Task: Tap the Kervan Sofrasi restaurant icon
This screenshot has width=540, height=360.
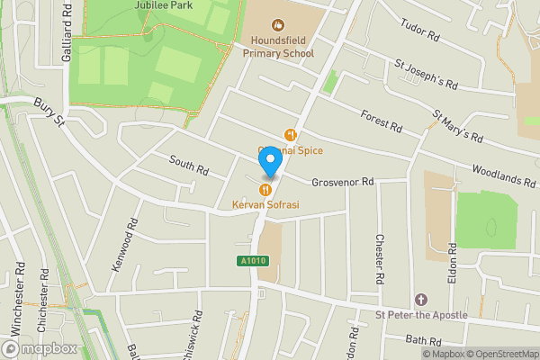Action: [265, 190]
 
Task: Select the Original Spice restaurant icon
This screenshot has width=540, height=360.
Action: [290, 135]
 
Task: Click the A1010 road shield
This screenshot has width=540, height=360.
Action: [253, 261]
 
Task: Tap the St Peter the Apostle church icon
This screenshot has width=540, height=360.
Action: [419, 299]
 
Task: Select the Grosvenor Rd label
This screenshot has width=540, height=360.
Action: [342, 183]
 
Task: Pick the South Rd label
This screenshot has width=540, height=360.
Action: [188, 165]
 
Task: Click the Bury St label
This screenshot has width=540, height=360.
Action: [49, 112]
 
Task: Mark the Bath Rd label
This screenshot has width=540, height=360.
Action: [424, 341]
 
